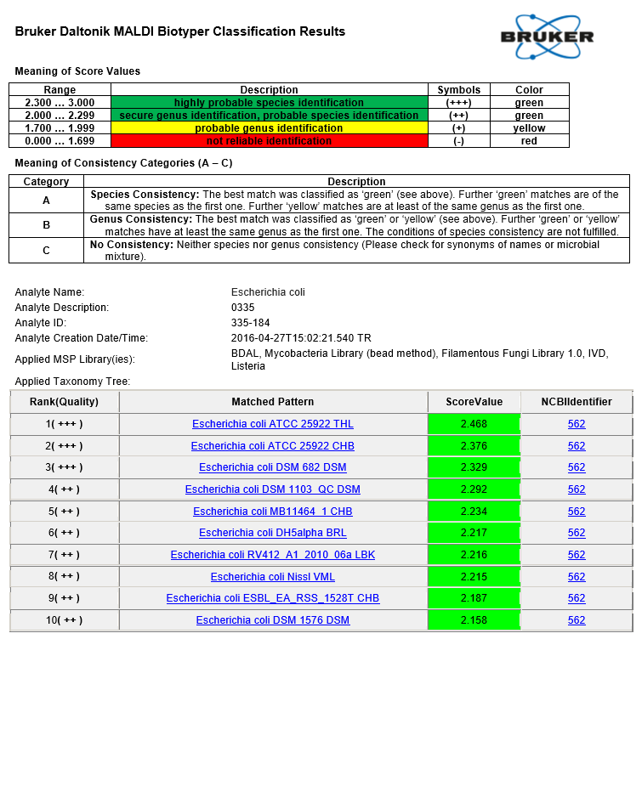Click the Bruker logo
[547, 37]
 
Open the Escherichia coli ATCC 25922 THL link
[273, 424]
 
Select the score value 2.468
[474, 424]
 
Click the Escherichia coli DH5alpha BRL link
[273, 533]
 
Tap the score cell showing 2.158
[474, 620]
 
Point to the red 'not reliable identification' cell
[269, 141]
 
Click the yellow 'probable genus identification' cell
[269, 128]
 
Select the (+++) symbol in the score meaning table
[458, 103]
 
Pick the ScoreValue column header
[474, 402]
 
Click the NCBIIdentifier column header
[577, 402]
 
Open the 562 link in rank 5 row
[577, 512]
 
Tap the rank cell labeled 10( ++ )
[64, 620]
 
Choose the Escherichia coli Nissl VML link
[273, 577]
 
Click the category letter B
[46, 224]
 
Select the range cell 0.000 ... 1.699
[60, 141]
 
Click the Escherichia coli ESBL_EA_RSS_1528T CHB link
[273, 598]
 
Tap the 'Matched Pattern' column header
[273, 402]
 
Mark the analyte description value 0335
[242, 308]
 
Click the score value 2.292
[474, 489]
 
